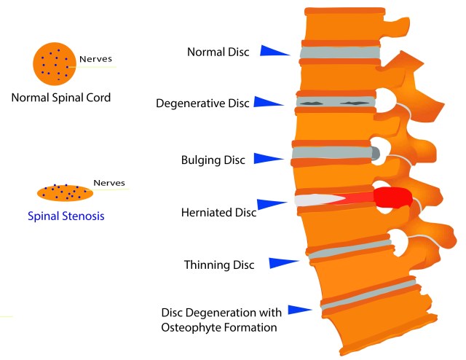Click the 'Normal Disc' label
click(218, 52)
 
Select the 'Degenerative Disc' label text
click(202, 103)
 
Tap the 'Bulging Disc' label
click(213, 159)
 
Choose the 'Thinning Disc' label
click(218, 265)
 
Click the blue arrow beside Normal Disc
click(276, 51)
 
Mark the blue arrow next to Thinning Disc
click(284, 262)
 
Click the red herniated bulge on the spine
click(393, 197)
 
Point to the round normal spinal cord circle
click(54, 62)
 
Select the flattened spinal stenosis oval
click(65, 193)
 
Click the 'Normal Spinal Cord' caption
click(61, 97)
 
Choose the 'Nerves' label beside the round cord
click(95, 58)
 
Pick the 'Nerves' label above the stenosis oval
click(109, 183)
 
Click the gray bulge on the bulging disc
click(375, 153)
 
